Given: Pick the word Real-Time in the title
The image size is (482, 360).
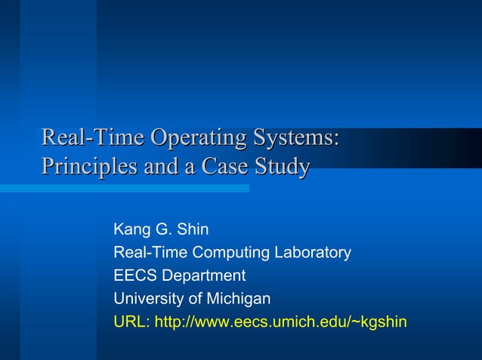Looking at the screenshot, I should tap(93, 139).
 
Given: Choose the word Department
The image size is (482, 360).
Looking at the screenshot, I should tap(202, 275).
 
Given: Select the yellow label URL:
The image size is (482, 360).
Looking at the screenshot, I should tap(131, 322).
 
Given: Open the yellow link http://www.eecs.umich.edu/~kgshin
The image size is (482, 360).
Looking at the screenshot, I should tap(280, 322).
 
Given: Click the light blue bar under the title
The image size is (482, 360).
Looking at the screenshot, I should tap(125, 189).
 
